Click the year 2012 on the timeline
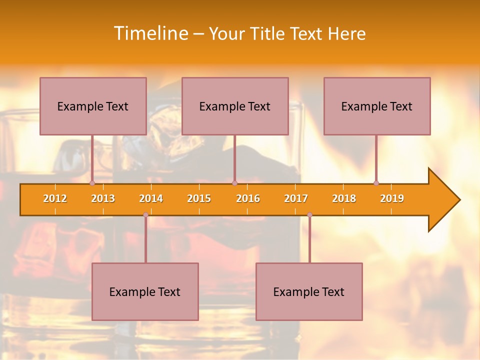[55, 198]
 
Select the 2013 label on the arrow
[103, 198]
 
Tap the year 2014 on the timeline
[151, 198]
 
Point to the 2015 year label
[199, 198]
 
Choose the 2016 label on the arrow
[248, 198]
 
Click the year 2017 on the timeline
[296, 198]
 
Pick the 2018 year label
[344, 198]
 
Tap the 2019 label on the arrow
[392, 198]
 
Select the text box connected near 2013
[93, 106]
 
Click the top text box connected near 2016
[235, 106]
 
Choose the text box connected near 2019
[377, 106]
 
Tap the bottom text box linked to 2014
[145, 291]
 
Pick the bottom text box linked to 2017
[309, 291]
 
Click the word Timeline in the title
[150, 33]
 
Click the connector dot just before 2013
[92, 183]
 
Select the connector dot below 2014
[145, 214]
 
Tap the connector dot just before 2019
[376, 183]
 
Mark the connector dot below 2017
[309, 214]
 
